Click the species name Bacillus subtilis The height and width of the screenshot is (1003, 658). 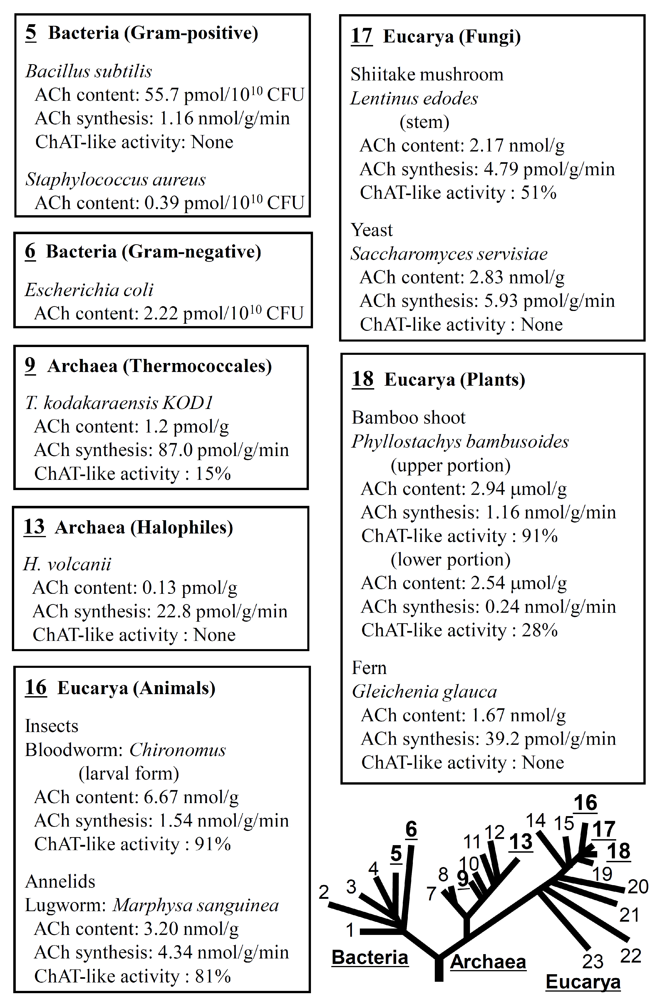tap(88, 71)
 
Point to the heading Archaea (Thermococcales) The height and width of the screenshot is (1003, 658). tap(159, 366)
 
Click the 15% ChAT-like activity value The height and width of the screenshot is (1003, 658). tap(213, 474)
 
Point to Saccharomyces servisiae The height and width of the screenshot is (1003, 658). tap(449, 254)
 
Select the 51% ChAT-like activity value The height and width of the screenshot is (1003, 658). tap(539, 193)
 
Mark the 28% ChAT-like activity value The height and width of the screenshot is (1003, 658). tap(540, 630)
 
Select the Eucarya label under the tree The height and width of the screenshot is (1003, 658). tap(583, 982)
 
